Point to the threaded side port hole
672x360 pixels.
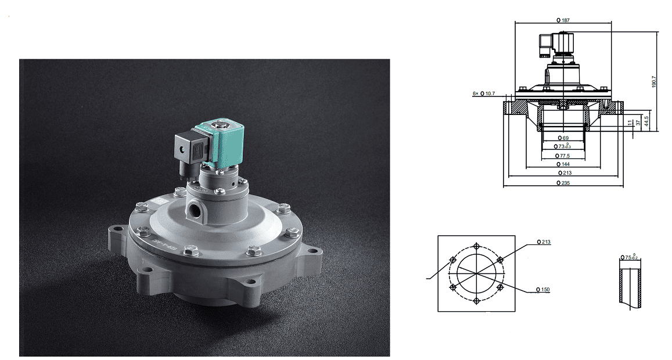(195, 207)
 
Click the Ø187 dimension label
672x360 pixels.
(563, 20)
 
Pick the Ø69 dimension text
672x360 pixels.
(563, 138)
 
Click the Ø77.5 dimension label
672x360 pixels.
(563, 156)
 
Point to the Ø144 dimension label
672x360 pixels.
(563, 164)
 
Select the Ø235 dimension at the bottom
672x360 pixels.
(563, 182)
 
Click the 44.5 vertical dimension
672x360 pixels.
(646, 120)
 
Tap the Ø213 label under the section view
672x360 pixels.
(563, 173)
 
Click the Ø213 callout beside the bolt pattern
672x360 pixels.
(544, 242)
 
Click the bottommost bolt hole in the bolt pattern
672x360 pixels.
(476, 300)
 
